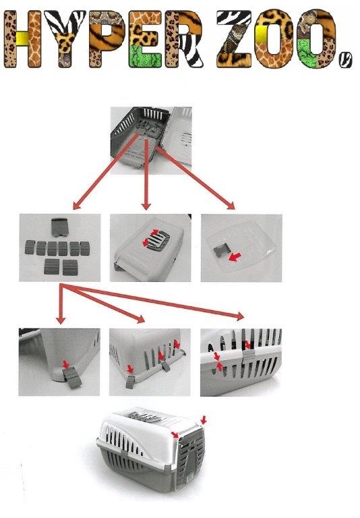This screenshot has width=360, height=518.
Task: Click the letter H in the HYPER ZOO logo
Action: [x=22, y=39]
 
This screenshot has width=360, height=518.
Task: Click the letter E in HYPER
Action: [x=146, y=39]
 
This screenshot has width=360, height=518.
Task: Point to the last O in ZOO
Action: [x=316, y=39]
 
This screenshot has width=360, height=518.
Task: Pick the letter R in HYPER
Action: [x=183, y=39]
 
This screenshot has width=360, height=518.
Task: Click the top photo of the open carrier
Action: [x=151, y=140]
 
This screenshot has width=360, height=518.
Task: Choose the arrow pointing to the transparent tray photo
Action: [x=195, y=178]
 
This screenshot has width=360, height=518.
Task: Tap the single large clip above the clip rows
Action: [x=60, y=227]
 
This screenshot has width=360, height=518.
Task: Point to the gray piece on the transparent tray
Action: [x=220, y=251]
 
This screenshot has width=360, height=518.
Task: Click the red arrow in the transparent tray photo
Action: [x=235, y=257]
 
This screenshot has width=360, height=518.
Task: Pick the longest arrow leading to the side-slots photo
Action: [x=152, y=301]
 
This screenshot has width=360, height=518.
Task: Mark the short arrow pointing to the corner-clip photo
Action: [x=61, y=304]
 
